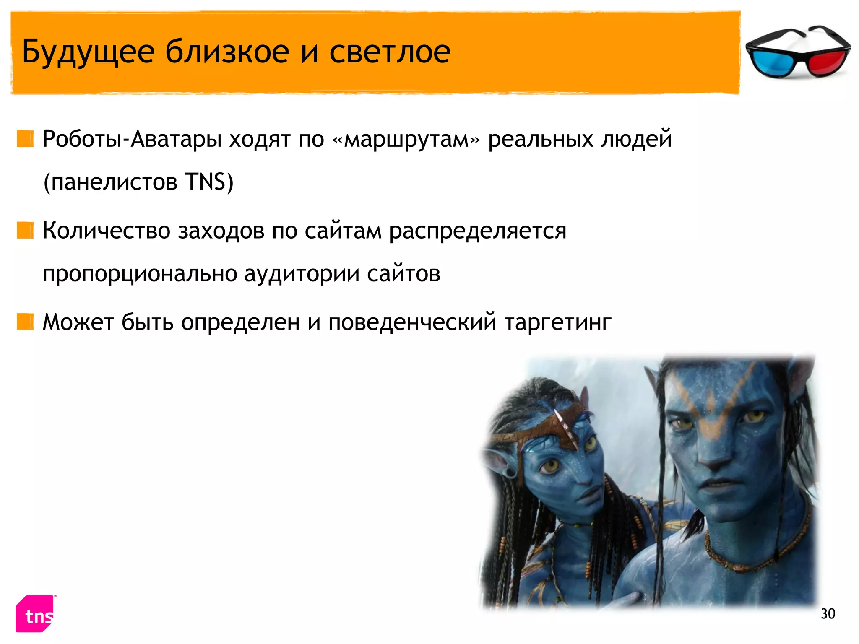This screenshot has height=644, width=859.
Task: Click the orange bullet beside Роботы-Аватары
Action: point(25,139)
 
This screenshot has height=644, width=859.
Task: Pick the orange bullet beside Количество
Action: point(25,230)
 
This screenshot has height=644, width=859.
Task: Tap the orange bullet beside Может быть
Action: point(25,322)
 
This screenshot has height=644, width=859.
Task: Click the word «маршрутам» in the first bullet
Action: point(406,140)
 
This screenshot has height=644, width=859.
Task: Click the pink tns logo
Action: point(35,614)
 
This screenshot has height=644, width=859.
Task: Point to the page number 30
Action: point(828,614)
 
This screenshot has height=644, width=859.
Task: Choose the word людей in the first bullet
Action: point(636,140)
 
